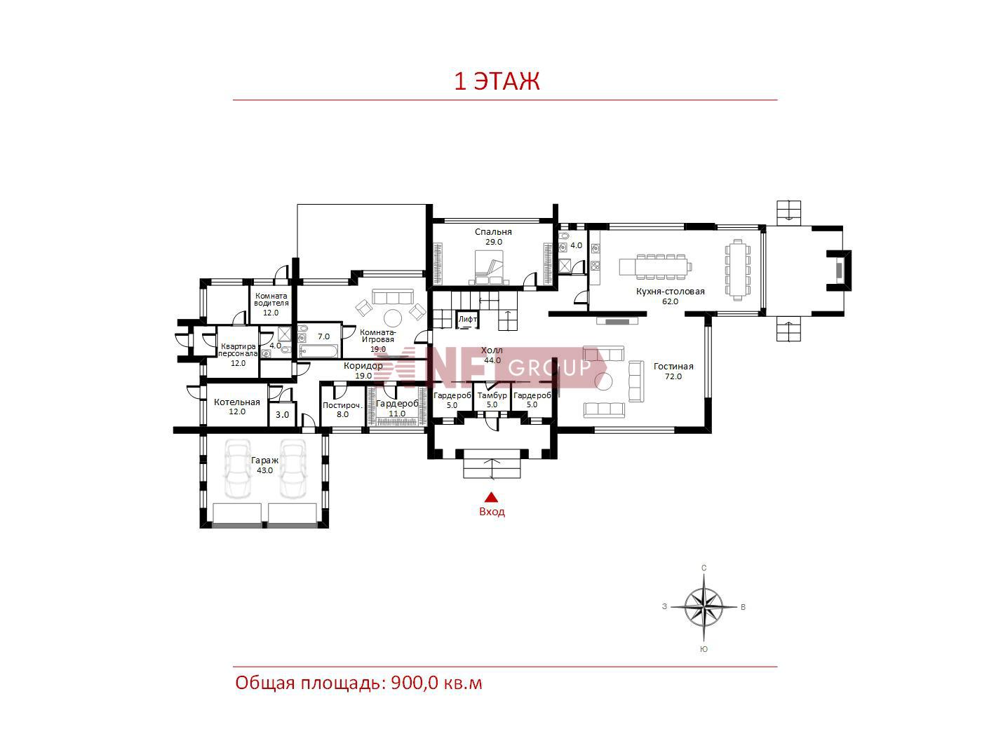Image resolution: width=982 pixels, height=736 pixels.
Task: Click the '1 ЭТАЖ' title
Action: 497,81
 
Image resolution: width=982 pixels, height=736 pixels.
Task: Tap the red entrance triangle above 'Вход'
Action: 492,498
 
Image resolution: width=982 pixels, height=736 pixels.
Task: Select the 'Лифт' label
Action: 468,319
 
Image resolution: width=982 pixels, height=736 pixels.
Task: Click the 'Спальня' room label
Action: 493,232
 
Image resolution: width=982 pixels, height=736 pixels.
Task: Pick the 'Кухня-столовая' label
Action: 670,292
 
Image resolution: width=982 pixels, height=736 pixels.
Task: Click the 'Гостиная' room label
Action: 673,367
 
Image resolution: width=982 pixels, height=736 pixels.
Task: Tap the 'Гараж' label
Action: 264,461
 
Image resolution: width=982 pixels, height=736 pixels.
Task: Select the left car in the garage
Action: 237,468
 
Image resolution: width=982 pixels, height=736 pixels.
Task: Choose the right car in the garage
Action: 293,468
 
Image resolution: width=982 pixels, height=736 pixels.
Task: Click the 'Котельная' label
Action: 236,402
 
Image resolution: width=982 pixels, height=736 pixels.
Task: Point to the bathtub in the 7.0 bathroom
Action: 318,351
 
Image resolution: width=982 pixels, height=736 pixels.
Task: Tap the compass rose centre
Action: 704,607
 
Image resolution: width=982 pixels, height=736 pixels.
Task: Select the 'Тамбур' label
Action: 492,395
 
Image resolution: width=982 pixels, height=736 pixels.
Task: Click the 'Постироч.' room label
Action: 342,406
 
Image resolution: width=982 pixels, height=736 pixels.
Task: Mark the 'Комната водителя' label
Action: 271,299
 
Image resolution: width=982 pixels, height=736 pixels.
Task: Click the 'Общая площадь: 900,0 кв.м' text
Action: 359,683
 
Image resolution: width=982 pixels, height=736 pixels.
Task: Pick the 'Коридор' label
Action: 363,366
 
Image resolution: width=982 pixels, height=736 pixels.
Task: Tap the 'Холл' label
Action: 492,350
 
